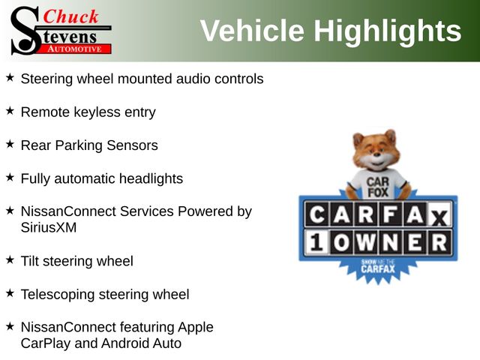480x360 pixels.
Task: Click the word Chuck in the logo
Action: click(x=70, y=16)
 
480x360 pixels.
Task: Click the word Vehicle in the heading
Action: click(x=252, y=30)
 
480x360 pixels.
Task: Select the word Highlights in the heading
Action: click(x=388, y=31)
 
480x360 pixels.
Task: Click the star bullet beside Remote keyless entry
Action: click(x=10, y=110)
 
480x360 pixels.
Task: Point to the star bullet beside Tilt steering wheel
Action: click(x=10, y=259)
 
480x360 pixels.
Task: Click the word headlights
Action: click(x=151, y=178)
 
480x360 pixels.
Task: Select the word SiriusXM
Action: click(x=49, y=227)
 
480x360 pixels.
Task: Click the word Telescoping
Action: click(x=58, y=295)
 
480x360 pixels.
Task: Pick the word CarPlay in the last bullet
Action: click(x=46, y=343)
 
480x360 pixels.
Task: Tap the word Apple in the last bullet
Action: click(x=195, y=328)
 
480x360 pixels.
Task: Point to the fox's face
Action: click(x=376, y=153)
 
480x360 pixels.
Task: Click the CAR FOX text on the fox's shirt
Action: click(x=378, y=187)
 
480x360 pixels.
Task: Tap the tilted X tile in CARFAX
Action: click(x=439, y=217)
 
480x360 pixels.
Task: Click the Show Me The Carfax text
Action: click(x=378, y=266)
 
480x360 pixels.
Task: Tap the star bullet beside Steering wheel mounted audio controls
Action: click(x=10, y=77)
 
